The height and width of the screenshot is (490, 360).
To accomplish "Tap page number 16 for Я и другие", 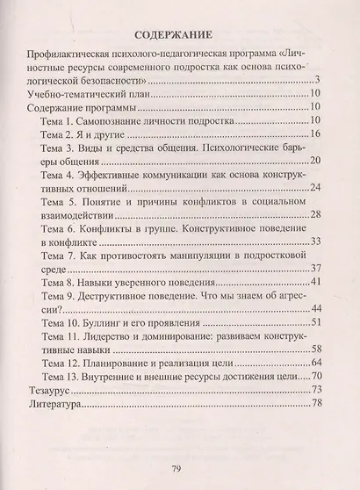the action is (318, 133).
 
